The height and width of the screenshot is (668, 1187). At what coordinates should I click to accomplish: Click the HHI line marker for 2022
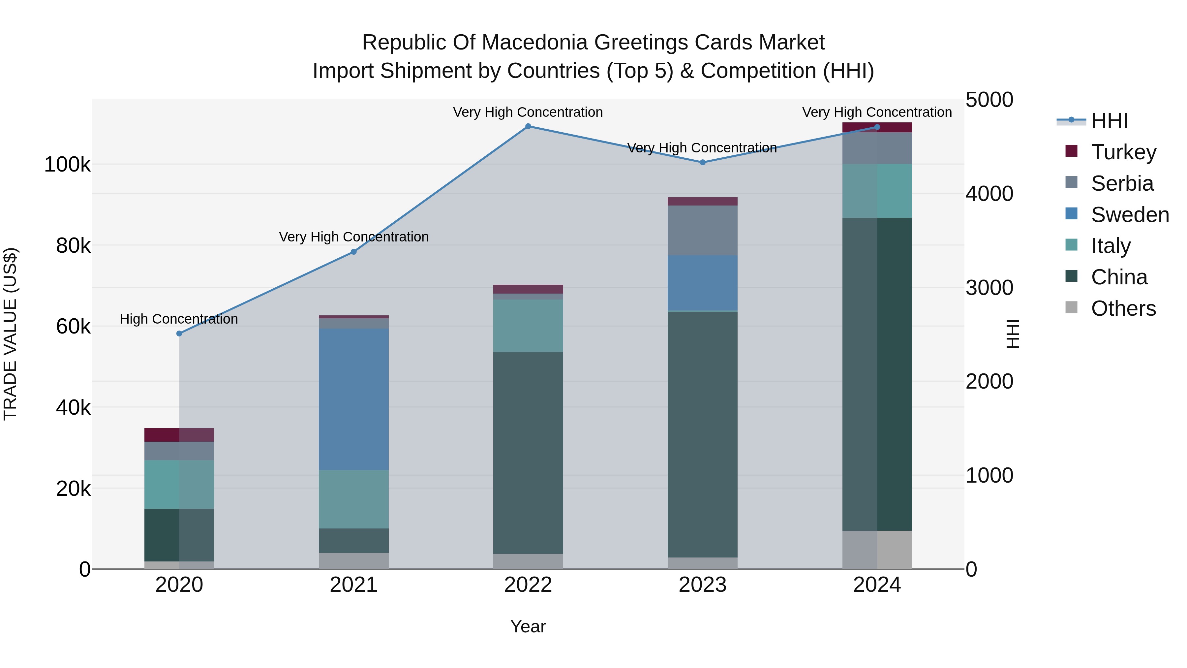(528, 126)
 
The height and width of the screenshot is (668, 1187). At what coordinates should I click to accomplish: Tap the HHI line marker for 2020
(179, 333)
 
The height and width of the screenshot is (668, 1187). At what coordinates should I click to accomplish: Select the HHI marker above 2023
(702, 162)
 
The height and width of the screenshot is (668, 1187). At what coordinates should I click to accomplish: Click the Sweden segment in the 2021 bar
(353, 399)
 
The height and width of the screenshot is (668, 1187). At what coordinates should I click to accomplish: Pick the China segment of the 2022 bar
(528, 453)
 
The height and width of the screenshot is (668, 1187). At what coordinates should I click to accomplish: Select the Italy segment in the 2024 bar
(877, 191)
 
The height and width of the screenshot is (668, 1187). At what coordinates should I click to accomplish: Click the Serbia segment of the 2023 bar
(702, 231)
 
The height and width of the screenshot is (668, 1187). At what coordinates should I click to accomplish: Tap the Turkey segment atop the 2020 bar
(179, 435)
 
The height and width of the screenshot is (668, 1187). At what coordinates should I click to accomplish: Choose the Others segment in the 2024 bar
(877, 550)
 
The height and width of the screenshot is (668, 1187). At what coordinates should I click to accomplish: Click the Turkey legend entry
(1123, 152)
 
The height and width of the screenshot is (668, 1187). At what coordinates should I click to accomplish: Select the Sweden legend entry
(1129, 215)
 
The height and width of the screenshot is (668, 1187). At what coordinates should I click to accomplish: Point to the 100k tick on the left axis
(67, 165)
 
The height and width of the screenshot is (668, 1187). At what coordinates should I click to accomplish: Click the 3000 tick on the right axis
(989, 288)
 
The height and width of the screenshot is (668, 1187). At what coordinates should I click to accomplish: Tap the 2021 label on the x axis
(353, 585)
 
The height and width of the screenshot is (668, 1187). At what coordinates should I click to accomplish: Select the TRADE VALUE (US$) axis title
(10, 334)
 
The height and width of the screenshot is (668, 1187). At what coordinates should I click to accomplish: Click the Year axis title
(528, 626)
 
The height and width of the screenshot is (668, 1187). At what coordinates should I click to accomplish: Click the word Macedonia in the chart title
(534, 43)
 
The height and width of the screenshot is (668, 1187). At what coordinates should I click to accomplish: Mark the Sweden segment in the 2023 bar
(702, 283)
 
